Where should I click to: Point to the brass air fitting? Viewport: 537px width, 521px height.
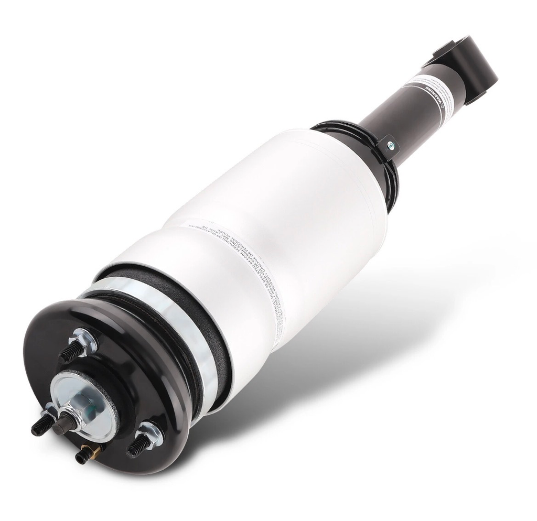[x=85, y=454]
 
